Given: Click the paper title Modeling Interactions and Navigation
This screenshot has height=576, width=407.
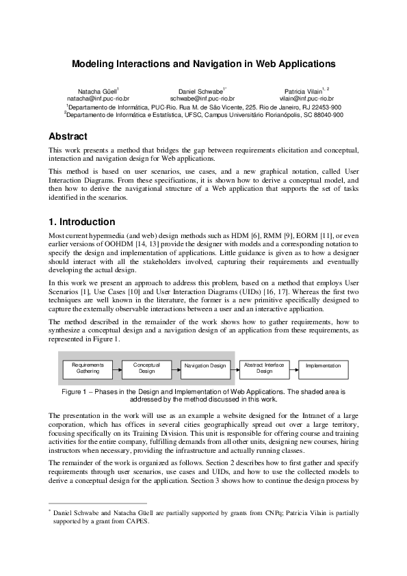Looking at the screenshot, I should (x=204, y=64).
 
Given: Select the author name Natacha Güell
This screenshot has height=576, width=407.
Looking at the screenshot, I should (x=98, y=91).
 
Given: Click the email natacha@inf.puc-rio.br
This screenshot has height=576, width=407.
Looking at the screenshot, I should (x=98, y=99).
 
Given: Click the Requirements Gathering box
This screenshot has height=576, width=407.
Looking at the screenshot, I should (x=88, y=369).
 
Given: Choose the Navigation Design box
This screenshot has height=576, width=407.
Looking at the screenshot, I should (x=205, y=367).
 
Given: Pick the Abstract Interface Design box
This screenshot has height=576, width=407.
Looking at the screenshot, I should (x=264, y=369).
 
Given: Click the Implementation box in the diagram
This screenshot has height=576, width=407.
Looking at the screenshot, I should (x=323, y=366).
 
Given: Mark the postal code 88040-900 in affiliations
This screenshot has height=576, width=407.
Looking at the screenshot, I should (x=324, y=115).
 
